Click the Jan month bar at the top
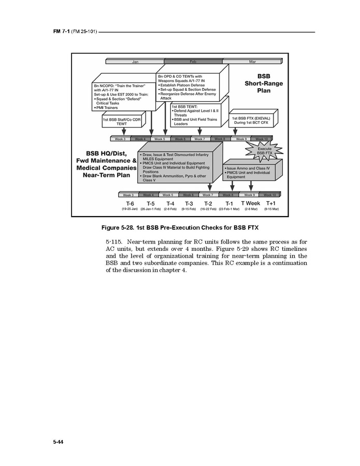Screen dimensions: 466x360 point(135,62)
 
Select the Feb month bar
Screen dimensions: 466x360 point(193,62)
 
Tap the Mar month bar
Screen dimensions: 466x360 point(252,62)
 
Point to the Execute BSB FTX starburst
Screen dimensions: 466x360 point(264,151)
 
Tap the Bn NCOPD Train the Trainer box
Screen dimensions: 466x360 point(123,96)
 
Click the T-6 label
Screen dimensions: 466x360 point(129,204)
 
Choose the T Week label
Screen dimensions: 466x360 point(251,203)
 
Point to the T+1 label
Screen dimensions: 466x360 point(271,203)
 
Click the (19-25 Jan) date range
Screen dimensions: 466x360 point(129,209)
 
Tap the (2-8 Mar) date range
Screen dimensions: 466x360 point(251,209)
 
